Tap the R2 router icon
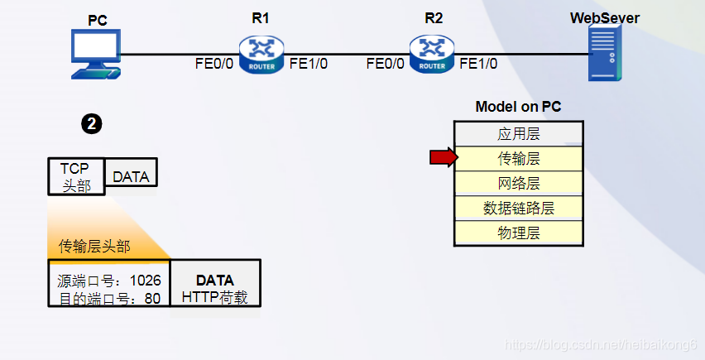pyautogui.click(x=432, y=53)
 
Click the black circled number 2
pyautogui.click(x=91, y=124)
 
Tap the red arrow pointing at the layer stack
pyautogui.click(x=443, y=157)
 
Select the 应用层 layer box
pyautogui.click(x=519, y=133)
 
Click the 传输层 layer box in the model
pyautogui.click(x=519, y=158)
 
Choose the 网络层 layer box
pyautogui.click(x=519, y=183)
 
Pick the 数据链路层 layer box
pyautogui.click(x=519, y=208)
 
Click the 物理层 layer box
pyautogui.click(x=519, y=233)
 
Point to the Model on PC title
pyautogui.click(x=518, y=107)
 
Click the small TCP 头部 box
pyautogui.click(x=76, y=176)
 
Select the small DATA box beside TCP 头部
pyautogui.click(x=131, y=176)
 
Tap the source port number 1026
pyautogui.click(x=146, y=281)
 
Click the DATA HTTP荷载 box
pyautogui.click(x=214, y=288)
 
